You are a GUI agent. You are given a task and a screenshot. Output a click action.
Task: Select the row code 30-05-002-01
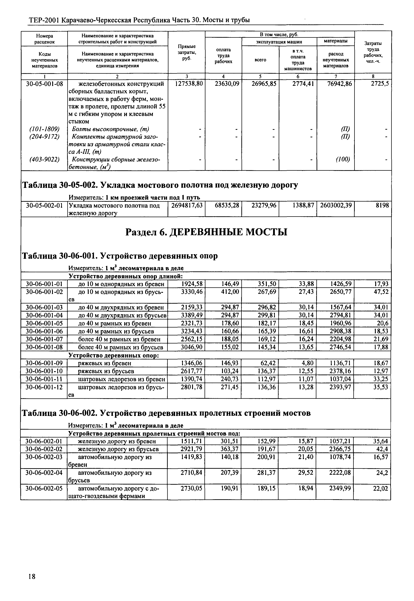[x=44, y=206]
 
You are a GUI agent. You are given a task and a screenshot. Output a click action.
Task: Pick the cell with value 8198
[x=382, y=206]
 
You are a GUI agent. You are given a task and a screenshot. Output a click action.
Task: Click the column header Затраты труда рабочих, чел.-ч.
[x=373, y=52]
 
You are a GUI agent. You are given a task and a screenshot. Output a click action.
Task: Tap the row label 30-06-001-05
[x=44, y=323]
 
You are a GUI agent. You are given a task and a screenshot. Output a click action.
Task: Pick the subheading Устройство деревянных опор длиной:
[x=125, y=276]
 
